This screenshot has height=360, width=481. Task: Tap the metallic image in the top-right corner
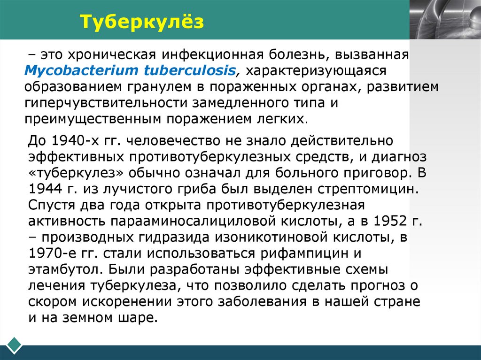pos(444,19)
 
